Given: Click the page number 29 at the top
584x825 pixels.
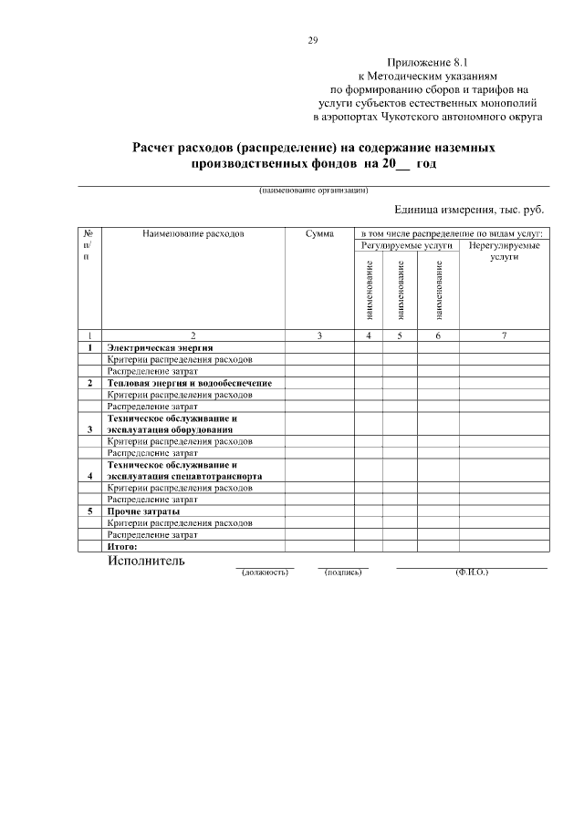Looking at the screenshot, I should point(312,39).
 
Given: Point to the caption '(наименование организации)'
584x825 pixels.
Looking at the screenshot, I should point(312,191).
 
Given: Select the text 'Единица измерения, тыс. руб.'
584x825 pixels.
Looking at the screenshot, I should point(468,210).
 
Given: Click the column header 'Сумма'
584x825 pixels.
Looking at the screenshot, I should point(319,234).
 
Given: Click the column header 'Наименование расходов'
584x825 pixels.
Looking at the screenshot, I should point(193,234).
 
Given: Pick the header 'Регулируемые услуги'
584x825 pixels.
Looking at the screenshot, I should point(406,246).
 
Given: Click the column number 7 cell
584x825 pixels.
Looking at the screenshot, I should point(504,336).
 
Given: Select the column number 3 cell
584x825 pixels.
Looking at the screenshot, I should point(319,336).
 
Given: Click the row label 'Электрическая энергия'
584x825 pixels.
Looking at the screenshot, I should point(161,348).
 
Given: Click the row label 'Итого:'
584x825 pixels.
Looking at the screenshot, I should point(122,547).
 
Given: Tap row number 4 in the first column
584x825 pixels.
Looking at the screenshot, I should point(89,476).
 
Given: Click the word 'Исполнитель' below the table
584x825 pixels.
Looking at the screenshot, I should point(146,561).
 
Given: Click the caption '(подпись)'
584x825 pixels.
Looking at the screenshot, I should point(343,572).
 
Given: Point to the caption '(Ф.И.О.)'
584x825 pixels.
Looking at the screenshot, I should point(472,572).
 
